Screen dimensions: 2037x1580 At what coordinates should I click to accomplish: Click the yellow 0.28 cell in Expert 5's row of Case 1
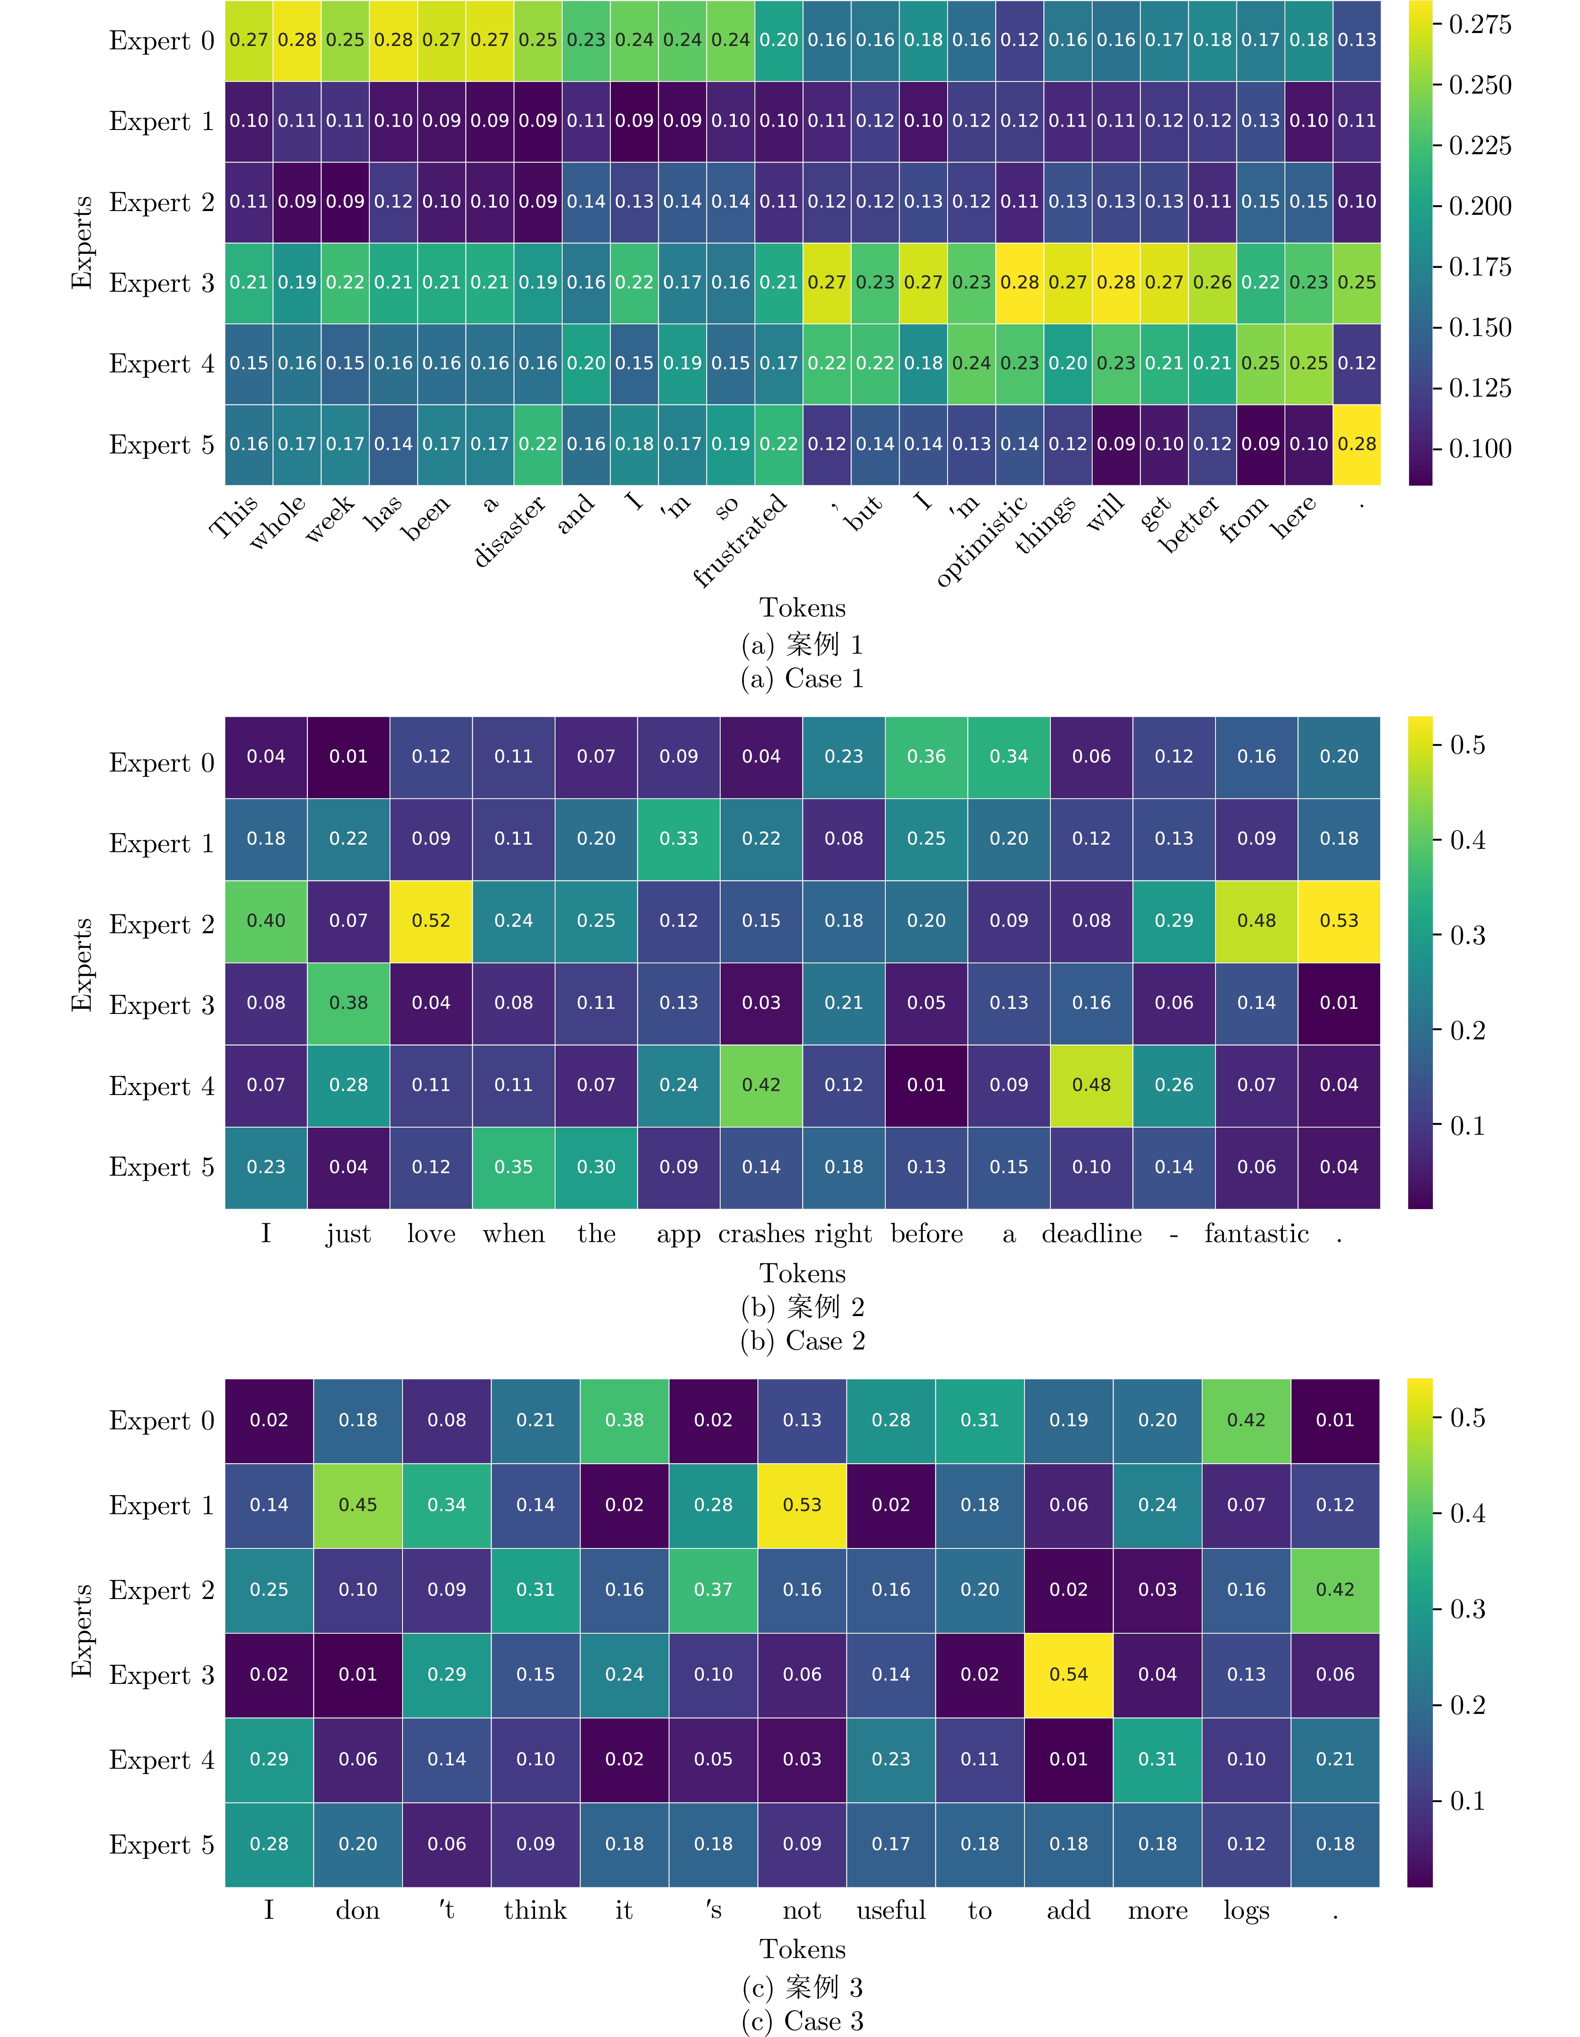[1356, 444]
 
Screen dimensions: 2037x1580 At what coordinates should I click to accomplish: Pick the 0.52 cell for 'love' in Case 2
[431, 921]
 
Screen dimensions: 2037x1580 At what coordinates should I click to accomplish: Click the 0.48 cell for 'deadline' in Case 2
[1091, 1085]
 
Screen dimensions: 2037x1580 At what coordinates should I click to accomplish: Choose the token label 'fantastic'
[1256, 1234]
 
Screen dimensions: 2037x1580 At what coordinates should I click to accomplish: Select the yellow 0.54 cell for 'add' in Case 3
[1069, 1674]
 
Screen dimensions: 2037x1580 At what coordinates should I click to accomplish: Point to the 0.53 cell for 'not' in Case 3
[802, 1505]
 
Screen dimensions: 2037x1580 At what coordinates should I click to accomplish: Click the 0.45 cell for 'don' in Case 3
[358, 1505]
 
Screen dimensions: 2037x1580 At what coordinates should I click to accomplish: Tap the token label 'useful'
[891, 1911]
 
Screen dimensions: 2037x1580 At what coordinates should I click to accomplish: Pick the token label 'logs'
[1246, 1911]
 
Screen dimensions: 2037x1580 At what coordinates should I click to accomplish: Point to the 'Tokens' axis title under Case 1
[802, 608]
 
